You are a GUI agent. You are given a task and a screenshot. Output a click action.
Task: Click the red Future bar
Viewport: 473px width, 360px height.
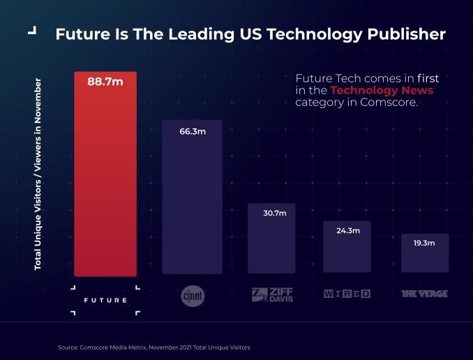click(x=105, y=181)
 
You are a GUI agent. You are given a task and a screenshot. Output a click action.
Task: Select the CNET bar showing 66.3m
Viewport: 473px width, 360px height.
click(x=192, y=202)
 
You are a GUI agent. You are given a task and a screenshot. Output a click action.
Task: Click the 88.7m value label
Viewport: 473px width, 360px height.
click(x=105, y=82)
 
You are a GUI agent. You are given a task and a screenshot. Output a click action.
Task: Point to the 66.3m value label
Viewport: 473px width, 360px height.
click(x=193, y=131)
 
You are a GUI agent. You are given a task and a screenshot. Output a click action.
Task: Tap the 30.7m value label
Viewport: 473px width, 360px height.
click(x=274, y=213)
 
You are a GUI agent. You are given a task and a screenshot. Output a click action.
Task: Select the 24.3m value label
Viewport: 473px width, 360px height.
click(x=347, y=230)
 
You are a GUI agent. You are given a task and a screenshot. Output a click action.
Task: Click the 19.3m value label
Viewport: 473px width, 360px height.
click(x=424, y=243)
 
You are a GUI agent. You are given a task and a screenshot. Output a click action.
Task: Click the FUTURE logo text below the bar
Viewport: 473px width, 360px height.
click(x=105, y=300)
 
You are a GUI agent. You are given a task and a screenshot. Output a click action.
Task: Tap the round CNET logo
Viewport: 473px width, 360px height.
click(x=193, y=296)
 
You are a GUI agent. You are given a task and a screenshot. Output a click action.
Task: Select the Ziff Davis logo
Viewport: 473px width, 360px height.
click(x=272, y=294)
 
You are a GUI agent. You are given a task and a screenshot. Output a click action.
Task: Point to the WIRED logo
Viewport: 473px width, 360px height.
click(x=347, y=294)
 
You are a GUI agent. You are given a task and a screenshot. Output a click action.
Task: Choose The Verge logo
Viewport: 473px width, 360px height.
click(x=424, y=294)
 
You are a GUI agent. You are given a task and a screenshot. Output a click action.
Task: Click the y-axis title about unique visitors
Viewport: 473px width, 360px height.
click(x=38, y=174)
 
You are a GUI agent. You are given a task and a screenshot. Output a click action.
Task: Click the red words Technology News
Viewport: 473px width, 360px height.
click(x=382, y=91)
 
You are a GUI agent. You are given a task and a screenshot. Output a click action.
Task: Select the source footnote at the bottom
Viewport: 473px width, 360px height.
click(x=153, y=347)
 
